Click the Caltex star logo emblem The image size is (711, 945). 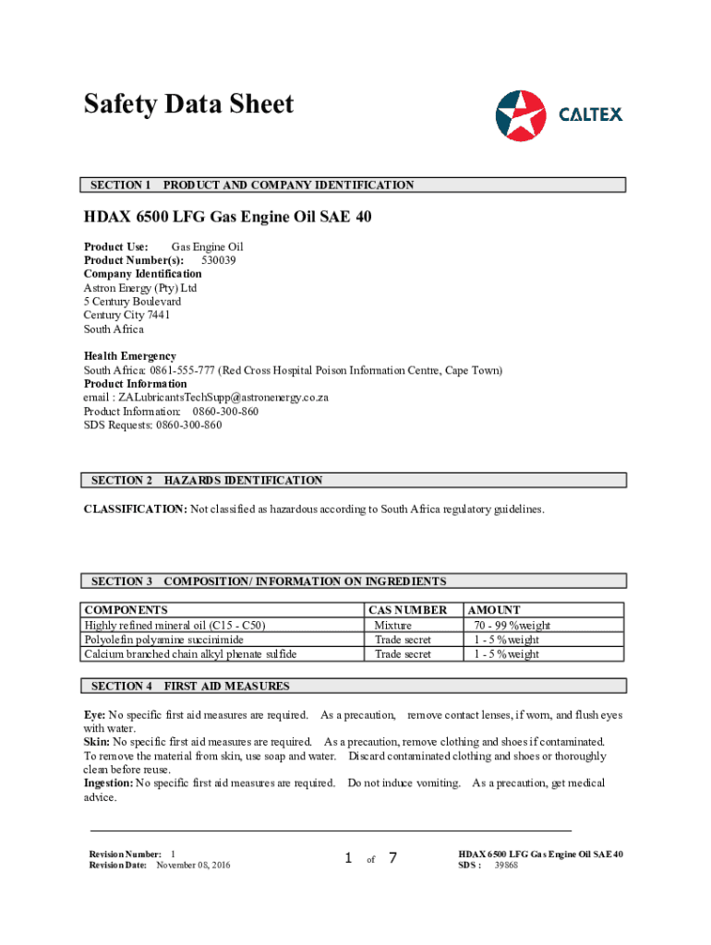pyautogui.click(x=522, y=115)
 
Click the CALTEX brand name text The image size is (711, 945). pyautogui.click(x=591, y=114)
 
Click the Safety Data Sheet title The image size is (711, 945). pyautogui.click(x=188, y=104)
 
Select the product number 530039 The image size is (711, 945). pyautogui.click(x=219, y=260)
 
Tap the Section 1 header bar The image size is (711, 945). pyautogui.click(x=355, y=185)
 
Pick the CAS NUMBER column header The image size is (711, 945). pyautogui.click(x=407, y=610)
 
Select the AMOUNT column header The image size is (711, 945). pyautogui.click(x=494, y=610)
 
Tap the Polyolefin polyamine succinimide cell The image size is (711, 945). pyautogui.click(x=164, y=640)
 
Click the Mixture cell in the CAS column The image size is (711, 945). pyautogui.click(x=392, y=625)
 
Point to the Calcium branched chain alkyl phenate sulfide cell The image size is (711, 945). pyautogui.click(x=190, y=654)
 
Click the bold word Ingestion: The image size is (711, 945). pyautogui.click(x=108, y=784)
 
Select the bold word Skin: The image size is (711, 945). pyautogui.click(x=97, y=742)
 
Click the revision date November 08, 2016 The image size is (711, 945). pyautogui.click(x=193, y=865)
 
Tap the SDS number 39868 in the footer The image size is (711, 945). pyautogui.click(x=506, y=865)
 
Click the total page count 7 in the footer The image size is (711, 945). pyautogui.click(x=392, y=858)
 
